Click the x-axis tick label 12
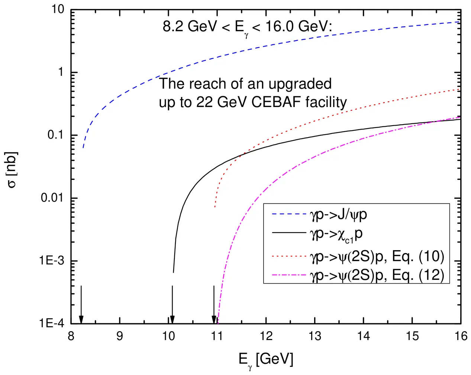266,336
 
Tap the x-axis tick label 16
461,336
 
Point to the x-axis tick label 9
120,336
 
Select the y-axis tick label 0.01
52,198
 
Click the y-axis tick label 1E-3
52,261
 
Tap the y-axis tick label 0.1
55,135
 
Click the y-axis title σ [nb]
12,169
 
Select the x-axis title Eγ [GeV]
265,360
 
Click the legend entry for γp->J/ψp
338,214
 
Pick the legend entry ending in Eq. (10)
377,256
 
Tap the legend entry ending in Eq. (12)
377,275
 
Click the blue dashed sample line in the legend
288,214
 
